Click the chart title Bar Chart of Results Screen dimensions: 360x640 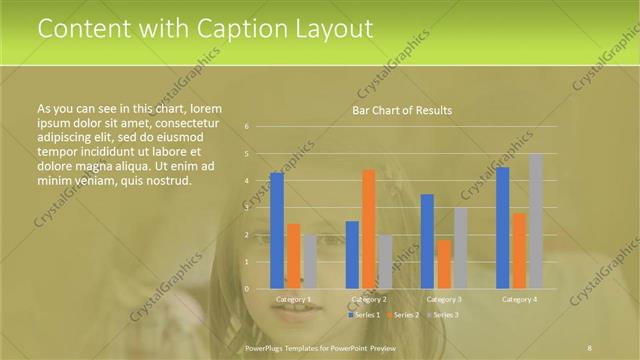pos(401,110)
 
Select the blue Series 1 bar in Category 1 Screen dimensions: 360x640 pos(277,230)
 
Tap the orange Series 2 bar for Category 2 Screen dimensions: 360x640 pos(368,229)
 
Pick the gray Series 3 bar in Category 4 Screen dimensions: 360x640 pos(535,221)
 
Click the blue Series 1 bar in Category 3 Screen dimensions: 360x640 pos(427,241)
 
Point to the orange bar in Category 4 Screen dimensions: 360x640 pos(519,250)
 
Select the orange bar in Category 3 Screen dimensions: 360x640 pos(443,264)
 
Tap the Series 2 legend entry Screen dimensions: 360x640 pos(403,315)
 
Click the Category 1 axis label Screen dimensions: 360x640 pos(293,299)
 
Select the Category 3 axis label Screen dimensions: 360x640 pos(443,299)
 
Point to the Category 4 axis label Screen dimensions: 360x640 pos(519,299)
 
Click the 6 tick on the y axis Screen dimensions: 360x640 pos(246,127)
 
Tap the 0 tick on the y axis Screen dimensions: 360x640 pos(246,289)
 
